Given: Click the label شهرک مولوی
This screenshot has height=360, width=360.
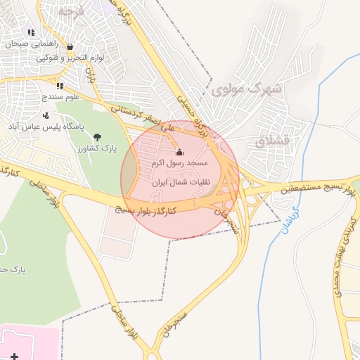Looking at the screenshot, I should click(x=247, y=89).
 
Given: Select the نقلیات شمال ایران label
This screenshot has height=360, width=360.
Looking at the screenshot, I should click(x=177, y=181).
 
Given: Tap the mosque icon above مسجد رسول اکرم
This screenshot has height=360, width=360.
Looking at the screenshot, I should click(x=179, y=152).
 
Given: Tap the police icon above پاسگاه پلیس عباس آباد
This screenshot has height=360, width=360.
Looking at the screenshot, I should click(x=46, y=115).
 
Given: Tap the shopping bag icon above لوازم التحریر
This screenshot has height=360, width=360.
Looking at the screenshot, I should click(x=70, y=47).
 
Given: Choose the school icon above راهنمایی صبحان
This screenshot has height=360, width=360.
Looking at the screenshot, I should click(x=31, y=32).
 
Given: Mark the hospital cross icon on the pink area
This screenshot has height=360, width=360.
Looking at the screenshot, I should click(x=15, y=353).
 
